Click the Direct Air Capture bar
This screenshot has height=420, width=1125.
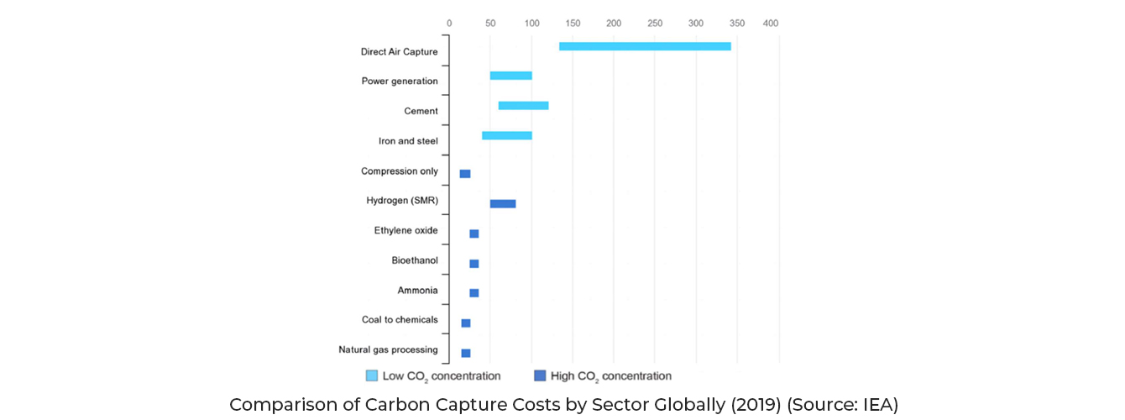point(645,46)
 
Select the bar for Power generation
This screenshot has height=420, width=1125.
point(510,76)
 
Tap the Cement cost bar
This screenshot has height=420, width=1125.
point(523,106)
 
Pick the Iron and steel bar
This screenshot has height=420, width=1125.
point(506,135)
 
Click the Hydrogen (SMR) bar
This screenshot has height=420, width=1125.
point(503,203)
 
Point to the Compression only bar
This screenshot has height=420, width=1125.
point(465,174)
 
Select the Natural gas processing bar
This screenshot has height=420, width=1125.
point(466,353)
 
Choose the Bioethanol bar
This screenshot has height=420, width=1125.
point(474,264)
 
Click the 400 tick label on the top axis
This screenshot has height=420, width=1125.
point(770,24)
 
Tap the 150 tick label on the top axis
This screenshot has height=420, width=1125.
point(573,24)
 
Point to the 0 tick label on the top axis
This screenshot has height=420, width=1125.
point(449,24)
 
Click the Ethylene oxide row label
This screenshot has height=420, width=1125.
point(406,231)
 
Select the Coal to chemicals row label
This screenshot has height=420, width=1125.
point(400,320)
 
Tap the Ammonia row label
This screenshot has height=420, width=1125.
point(417,291)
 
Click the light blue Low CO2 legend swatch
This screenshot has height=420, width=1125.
point(371,375)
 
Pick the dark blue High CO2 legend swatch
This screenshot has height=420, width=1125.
point(540,375)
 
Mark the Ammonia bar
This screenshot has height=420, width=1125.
point(474,293)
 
